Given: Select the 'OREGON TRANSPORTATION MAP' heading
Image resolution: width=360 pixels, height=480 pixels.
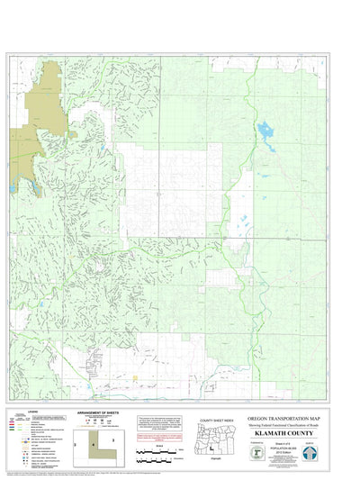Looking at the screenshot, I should click(284, 419).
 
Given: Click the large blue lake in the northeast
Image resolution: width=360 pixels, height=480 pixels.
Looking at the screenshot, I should click(266, 135).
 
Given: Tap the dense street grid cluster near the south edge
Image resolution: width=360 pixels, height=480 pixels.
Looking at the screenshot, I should click(95, 365).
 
